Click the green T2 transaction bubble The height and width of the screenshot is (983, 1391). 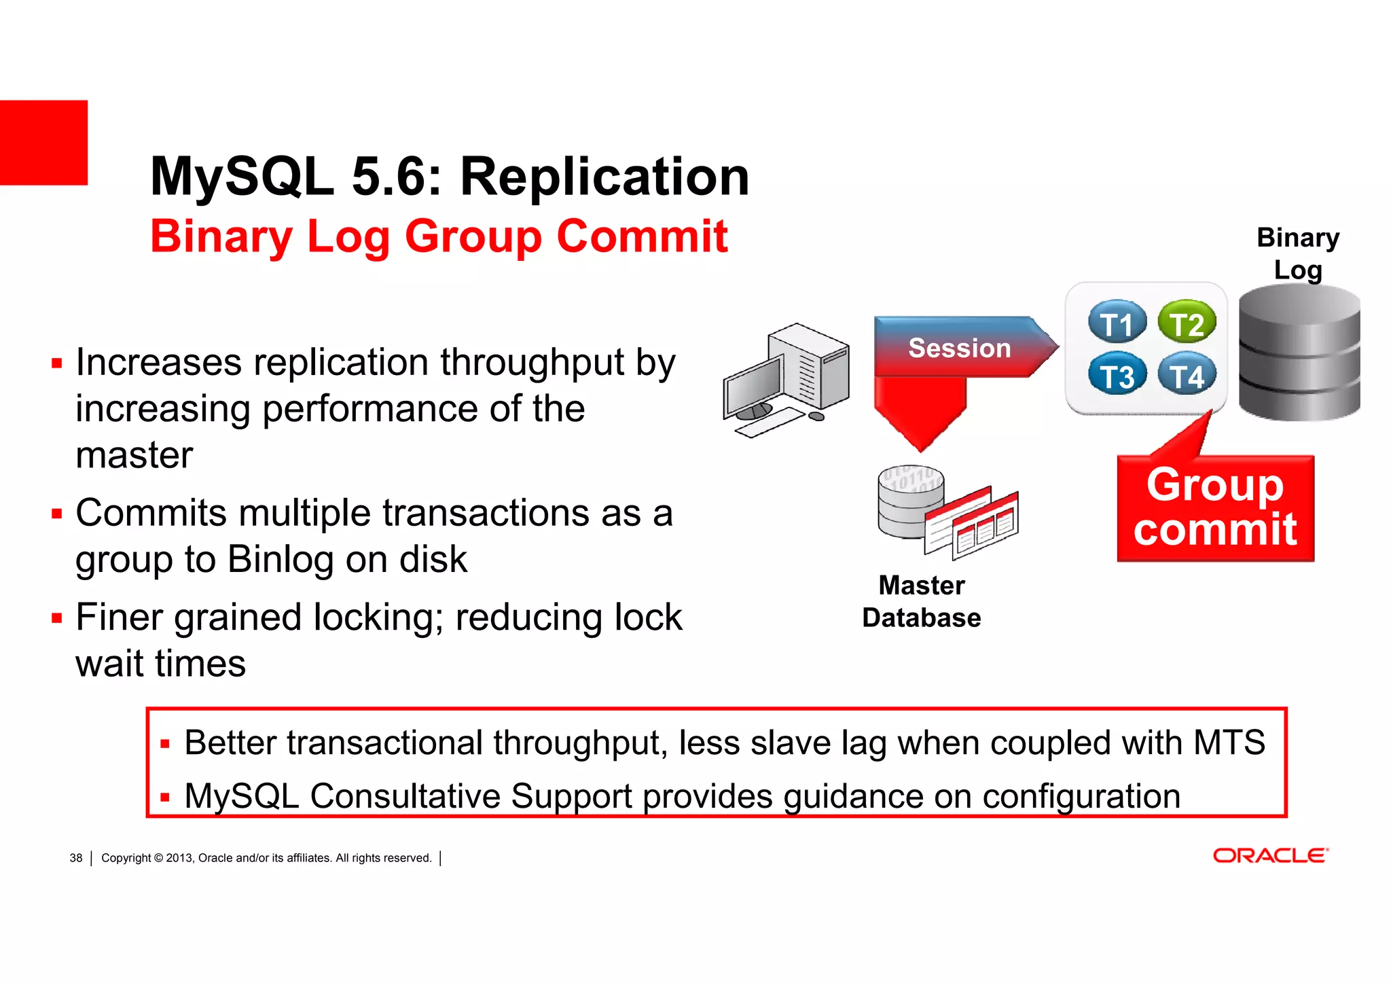[1187, 323]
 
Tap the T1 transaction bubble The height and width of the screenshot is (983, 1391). [1117, 323]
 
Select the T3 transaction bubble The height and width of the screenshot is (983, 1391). [1117, 375]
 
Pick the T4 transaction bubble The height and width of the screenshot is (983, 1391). [1187, 375]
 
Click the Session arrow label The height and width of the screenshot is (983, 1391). [959, 348]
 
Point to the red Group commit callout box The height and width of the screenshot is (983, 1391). [1215, 508]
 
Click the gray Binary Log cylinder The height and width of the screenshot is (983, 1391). [1299, 353]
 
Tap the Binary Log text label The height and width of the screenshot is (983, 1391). [1298, 253]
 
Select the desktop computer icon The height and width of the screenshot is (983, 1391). [787, 380]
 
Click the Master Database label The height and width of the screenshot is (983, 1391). [921, 601]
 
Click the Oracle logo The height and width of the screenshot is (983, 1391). [1270, 855]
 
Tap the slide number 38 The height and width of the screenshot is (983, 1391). [76, 858]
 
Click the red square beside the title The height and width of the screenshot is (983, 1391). [43, 143]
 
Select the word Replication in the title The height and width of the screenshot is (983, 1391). [604, 177]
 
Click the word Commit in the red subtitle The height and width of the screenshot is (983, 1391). [642, 236]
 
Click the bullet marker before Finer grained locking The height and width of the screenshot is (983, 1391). [57, 618]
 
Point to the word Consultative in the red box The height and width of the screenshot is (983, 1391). [405, 796]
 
